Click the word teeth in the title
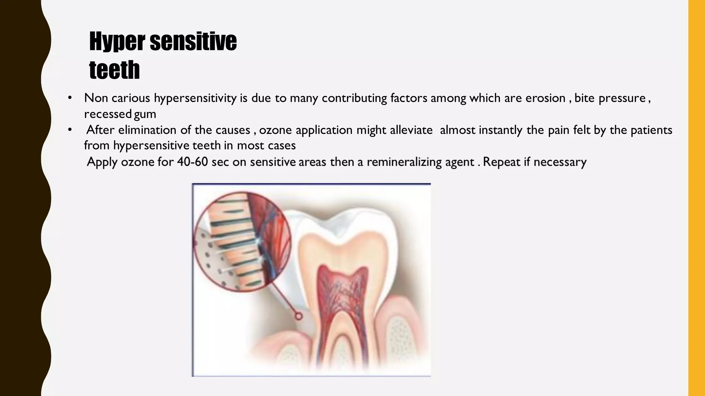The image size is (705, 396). click(114, 70)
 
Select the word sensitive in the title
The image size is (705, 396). click(193, 41)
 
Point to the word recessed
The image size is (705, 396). click(108, 114)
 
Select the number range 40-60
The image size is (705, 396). click(192, 162)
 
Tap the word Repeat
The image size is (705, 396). click(502, 162)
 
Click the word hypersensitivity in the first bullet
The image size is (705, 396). click(195, 98)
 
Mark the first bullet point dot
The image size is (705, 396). click(70, 98)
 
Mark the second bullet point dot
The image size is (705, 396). click(70, 130)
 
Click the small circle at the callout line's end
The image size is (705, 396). click(298, 316)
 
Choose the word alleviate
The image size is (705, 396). click(411, 130)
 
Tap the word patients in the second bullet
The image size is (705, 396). click(651, 130)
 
